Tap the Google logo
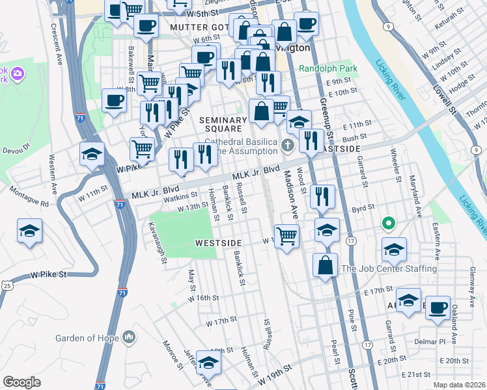pyautogui.click(x=21, y=382)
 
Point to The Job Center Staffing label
pyautogui.click(x=389, y=268)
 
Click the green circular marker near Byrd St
pyautogui.click(x=389, y=224)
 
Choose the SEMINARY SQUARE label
pyautogui.click(x=223, y=125)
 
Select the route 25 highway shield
pyautogui.click(x=7, y=285)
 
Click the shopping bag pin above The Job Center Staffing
pyautogui.click(x=325, y=265)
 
